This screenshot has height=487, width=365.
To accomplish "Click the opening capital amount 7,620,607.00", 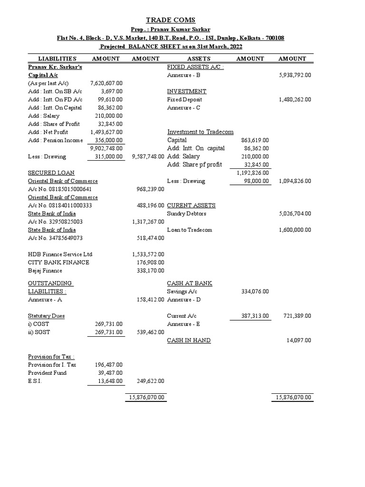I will pos(106,83).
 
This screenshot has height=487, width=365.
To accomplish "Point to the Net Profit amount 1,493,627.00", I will pos(106,132).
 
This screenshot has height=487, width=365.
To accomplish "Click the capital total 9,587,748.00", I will pos(146,156).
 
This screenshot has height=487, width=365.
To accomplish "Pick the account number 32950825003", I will pos(55,222).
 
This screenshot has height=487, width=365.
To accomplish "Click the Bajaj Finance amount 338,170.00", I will pos(148,271).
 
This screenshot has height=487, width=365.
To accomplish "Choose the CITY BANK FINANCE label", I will pos(58,263).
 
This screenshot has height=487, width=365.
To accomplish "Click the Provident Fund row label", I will pos(47,373).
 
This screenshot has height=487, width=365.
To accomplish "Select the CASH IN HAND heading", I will pos(189,341).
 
